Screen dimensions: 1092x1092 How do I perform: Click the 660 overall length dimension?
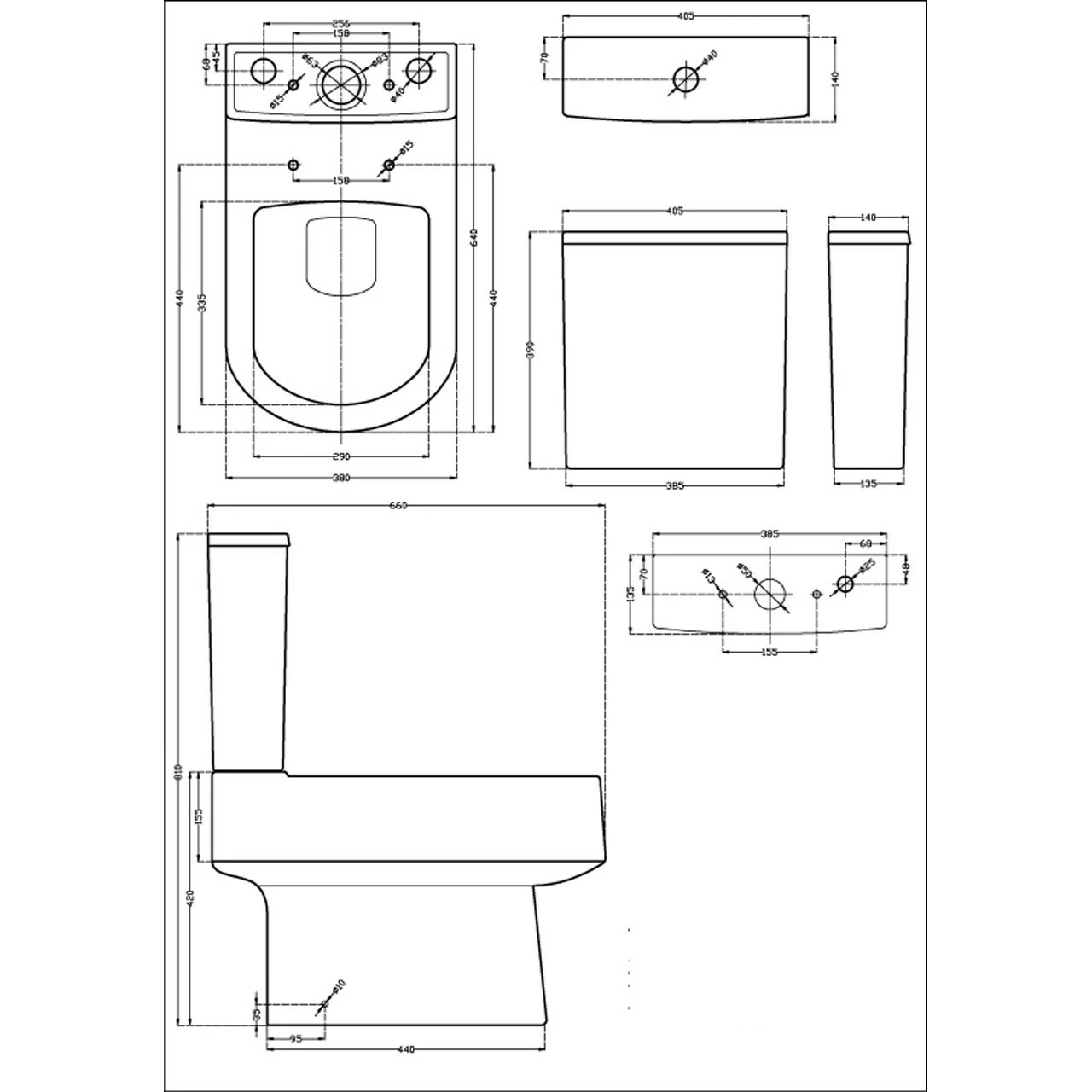click(398, 505)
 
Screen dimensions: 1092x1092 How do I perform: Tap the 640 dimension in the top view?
click(474, 238)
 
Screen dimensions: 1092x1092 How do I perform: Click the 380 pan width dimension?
click(341, 479)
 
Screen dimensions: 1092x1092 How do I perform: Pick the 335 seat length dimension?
click(202, 303)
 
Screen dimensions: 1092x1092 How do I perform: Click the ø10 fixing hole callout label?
click(338, 987)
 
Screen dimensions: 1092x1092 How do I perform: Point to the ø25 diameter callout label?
click(867, 566)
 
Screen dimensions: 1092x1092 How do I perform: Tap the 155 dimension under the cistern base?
click(770, 652)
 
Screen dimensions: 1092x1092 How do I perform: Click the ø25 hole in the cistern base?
click(845, 584)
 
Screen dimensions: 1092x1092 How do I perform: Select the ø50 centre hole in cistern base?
click(770, 594)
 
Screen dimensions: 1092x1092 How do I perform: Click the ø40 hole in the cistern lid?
click(685, 78)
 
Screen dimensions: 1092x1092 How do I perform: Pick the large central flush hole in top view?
click(342, 84)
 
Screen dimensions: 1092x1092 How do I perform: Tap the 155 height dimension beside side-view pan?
click(198, 816)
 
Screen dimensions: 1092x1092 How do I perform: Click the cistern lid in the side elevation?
click(250, 539)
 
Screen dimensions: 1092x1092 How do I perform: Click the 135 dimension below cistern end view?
click(867, 484)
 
